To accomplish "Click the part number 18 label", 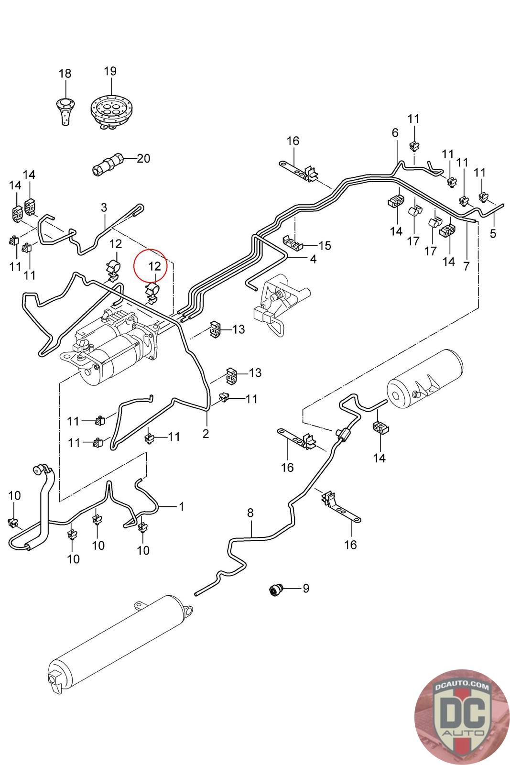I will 65,74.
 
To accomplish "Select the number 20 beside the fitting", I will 143,158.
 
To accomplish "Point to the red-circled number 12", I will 155,266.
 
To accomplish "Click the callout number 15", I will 325,246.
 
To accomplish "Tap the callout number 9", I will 306,588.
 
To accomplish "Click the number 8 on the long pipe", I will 250,513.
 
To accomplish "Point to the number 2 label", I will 206,434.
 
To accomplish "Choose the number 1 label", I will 182,506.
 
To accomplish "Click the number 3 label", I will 104,208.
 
